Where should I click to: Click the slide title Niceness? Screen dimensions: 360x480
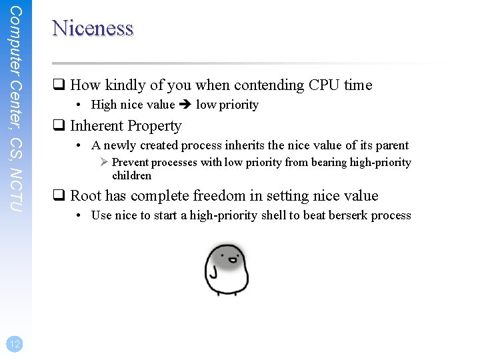(x=93, y=29)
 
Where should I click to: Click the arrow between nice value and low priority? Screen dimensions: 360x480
(x=185, y=105)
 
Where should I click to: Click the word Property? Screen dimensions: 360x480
(x=154, y=126)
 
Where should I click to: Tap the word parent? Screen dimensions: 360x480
(x=390, y=145)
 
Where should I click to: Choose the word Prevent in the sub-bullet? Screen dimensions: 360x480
(x=131, y=163)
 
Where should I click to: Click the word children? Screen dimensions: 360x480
(x=131, y=176)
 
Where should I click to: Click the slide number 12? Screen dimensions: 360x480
(x=15, y=343)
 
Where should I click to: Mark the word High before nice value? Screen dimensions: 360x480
(x=104, y=105)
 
